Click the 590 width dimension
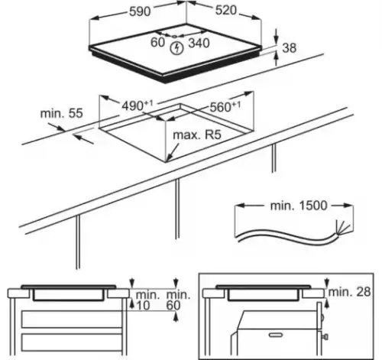tap(140, 11)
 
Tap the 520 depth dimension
tap(226, 10)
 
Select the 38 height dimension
tap(290, 48)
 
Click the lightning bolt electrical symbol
tap(177, 48)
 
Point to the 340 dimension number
tap(199, 43)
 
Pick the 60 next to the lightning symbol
tap(158, 42)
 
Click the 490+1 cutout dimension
tap(138, 105)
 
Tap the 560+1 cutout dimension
tap(225, 107)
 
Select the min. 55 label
tap(62, 113)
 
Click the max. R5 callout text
tap(197, 135)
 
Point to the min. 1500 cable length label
tap(299, 206)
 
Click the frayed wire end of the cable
tap(344, 228)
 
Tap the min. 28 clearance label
tap(349, 292)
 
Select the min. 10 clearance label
tap(147, 300)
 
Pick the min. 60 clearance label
tap(178, 300)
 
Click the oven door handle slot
tap(276, 335)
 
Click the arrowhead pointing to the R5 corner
tap(169, 157)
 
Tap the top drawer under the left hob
tap(72, 319)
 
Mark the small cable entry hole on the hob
tap(174, 37)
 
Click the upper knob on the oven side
tap(322, 318)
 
